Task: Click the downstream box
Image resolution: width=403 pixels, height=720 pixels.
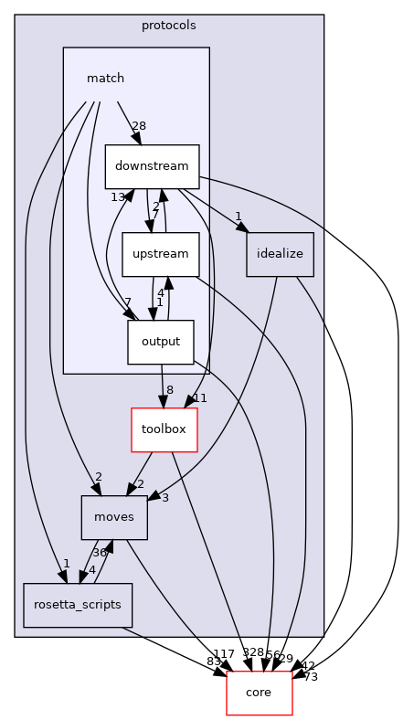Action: tap(152, 166)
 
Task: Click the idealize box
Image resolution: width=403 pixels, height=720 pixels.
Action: tap(281, 254)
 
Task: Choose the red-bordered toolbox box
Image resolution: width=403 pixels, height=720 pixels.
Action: tap(164, 429)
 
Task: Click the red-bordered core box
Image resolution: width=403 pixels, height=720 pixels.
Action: tap(259, 693)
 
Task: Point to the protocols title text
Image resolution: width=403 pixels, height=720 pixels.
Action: tap(168, 26)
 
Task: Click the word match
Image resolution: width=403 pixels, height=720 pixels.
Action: tap(105, 79)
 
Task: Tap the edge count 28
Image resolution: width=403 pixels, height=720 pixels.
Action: tap(139, 125)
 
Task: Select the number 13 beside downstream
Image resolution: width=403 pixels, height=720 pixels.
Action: tap(118, 196)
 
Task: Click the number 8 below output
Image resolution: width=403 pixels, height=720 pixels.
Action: tap(169, 389)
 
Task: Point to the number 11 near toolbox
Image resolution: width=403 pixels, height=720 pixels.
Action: tap(200, 398)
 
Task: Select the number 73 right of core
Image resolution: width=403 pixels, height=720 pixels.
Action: tap(310, 676)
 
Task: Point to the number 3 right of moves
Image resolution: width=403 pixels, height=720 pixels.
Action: tap(164, 497)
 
